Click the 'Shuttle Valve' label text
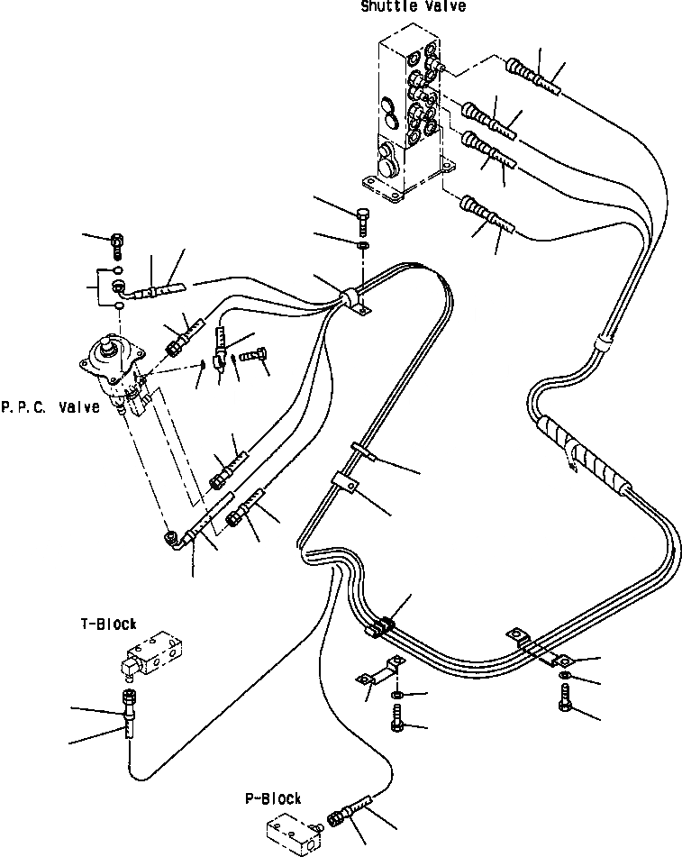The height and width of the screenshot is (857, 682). click(414, 7)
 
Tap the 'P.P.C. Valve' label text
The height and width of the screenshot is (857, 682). click(50, 408)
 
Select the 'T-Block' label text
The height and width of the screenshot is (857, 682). click(108, 624)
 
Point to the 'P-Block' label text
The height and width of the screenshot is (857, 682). click(273, 798)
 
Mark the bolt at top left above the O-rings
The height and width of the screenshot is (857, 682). click(117, 242)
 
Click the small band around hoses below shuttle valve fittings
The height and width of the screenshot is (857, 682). click(603, 343)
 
